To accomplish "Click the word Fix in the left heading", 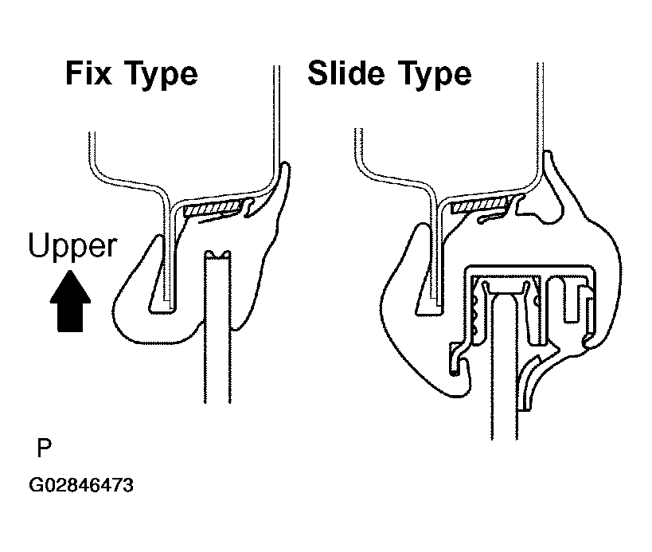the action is [x=88, y=73].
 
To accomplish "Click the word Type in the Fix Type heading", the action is [x=162, y=75].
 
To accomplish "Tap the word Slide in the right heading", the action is [x=346, y=72].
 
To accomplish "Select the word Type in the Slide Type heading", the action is [x=435, y=75].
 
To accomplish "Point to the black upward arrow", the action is [x=70, y=301].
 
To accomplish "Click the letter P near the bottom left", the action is [x=44, y=448].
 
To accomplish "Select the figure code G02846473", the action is [x=81, y=485].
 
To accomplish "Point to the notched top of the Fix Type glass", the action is [x=217, y=254].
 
